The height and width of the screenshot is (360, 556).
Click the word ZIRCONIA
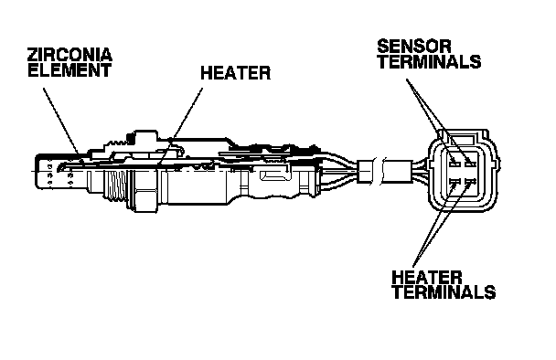69,55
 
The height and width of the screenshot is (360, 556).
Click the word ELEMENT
69,69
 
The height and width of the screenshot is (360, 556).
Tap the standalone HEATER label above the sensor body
235,73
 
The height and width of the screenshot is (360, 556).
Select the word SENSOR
414,46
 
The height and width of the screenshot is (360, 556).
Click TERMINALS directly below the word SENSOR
429,61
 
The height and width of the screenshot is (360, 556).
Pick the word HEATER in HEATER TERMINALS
427,278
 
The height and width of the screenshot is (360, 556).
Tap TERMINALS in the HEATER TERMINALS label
444,292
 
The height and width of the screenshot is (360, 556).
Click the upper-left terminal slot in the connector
454,164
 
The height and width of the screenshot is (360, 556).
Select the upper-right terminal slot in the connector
470,164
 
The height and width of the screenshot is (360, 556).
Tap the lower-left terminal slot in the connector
454,182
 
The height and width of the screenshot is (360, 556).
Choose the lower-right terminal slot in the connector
470,182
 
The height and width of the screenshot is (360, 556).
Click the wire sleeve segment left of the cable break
365,171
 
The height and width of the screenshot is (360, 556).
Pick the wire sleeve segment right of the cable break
397,172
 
